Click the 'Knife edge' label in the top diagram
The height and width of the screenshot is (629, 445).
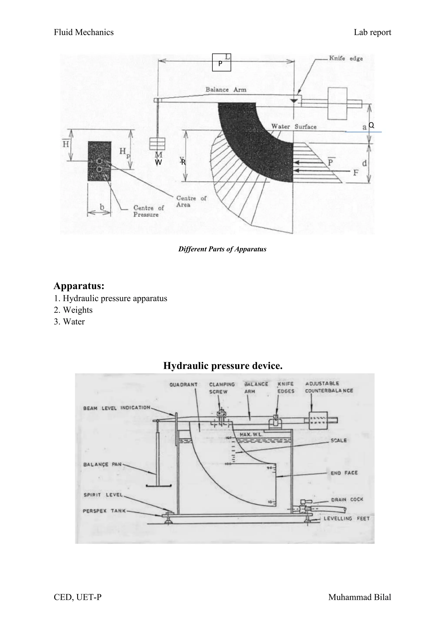(x=345, y=58)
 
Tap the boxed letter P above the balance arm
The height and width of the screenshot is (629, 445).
(x=221, y=63)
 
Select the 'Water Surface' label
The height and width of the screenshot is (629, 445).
(x=294, y=127)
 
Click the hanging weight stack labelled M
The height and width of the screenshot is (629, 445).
(x=157, y=144)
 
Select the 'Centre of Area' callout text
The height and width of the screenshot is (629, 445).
(x=191, y=201)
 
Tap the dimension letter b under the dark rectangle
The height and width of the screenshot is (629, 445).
(x=102, y=207)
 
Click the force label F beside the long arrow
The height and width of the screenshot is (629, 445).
(x=356, y=173)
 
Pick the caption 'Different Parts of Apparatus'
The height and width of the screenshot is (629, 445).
(x=222, y=249)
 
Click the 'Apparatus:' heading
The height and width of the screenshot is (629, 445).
(x=79, y=286)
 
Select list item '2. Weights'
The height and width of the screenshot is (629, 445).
(x=73, y=310)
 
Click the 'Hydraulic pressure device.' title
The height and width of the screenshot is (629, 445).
(x=223, y=366)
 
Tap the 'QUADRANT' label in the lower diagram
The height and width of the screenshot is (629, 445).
(x=183, y=385)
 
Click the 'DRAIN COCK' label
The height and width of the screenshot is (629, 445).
(x=347, y=499)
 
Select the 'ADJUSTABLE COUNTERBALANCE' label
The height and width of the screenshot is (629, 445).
(x=329, y=387)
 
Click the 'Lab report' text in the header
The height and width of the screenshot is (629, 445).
(x=372, y=32)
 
